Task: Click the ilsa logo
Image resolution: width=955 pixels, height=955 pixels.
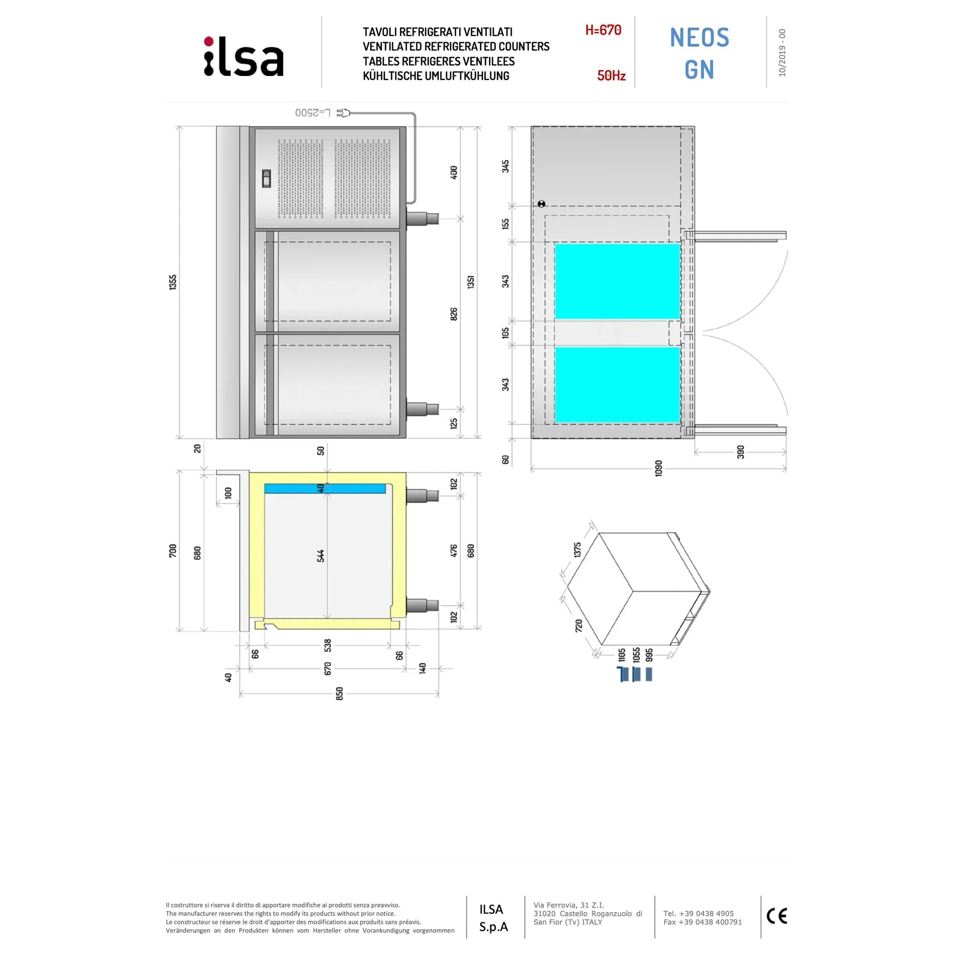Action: tap(244, 57)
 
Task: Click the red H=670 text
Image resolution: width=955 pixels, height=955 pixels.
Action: tap(603, 30)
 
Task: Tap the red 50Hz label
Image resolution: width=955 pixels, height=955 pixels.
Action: tap(611, 76)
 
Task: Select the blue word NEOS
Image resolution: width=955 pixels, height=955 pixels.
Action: tap(699, 38)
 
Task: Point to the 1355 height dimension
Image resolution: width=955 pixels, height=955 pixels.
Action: tap(173, 282)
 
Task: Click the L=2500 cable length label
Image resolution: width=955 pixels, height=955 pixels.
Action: tap(313, 113)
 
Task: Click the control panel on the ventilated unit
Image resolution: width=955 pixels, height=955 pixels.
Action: tap(266, 179)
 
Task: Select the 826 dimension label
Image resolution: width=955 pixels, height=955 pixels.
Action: tap(454, 314)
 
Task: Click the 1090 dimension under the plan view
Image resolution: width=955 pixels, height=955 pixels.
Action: tap(658, 468)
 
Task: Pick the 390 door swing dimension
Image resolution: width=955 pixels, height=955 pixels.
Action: tap(740, 452)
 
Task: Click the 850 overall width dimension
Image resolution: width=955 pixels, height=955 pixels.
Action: tap(339, 694)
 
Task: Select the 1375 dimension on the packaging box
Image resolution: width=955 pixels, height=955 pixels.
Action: tap(577, 550)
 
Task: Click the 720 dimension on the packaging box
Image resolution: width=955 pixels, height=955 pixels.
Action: tap(579, 625)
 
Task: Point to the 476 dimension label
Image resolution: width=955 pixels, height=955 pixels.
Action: tap(454, 551)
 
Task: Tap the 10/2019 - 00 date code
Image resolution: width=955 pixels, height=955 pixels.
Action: tap(782, 52)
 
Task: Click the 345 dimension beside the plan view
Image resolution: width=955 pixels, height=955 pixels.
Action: tap(505, 166)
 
